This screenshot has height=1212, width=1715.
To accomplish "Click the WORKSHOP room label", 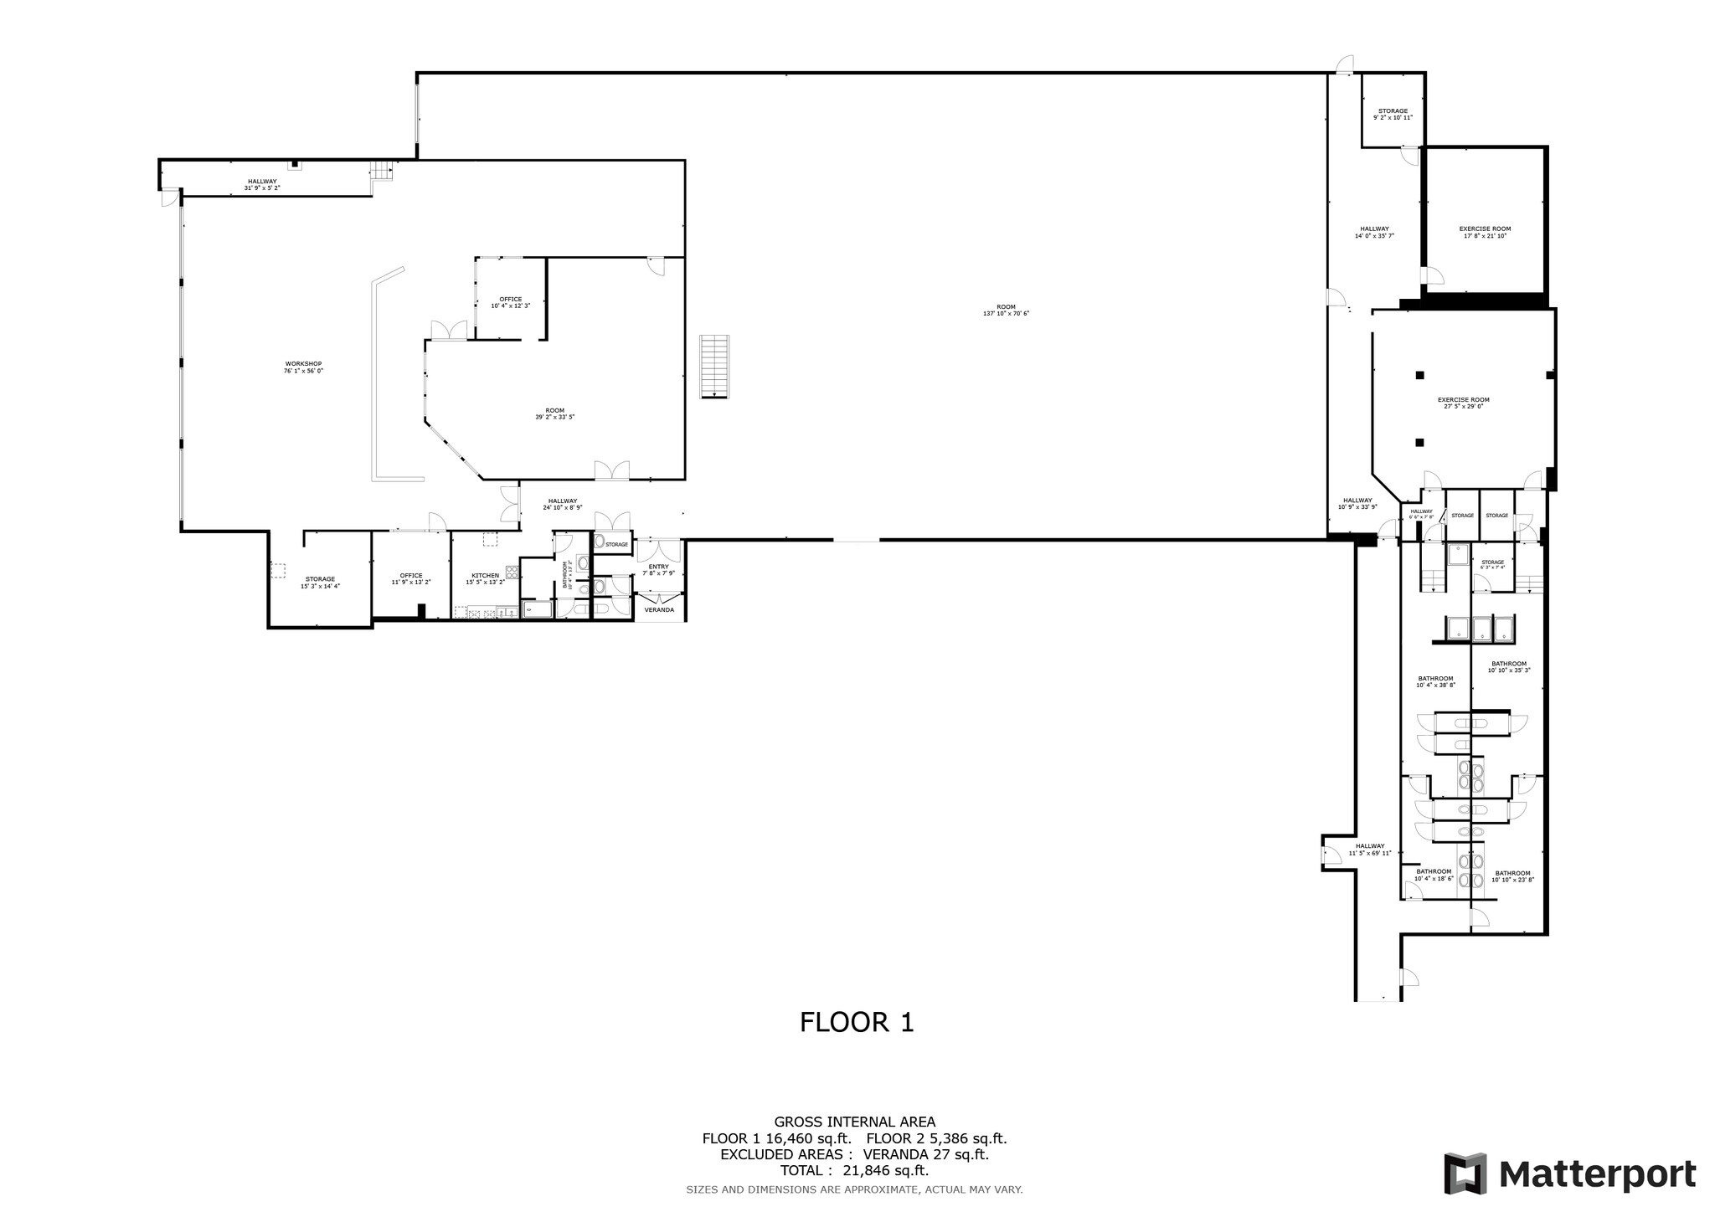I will pos(303,367).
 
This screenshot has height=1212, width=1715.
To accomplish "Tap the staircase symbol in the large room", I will pos(714,367).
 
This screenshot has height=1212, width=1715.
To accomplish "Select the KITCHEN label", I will pos(485,578).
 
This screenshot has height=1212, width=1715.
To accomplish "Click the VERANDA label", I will pos(659,610).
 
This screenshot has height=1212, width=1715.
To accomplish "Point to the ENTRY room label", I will pos(658,569).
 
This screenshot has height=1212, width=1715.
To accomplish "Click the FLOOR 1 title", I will pos(857,1022).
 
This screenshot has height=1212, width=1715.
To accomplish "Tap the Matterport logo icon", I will pos(1465,1173).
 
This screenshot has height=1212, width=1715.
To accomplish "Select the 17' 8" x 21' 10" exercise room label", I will pos(1485,232).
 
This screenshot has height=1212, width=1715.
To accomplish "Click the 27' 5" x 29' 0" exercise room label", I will pos(1463,403).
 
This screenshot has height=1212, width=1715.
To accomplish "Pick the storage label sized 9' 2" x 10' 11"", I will pos(1393,114).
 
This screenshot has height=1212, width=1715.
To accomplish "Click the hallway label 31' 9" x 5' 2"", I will pos(261,184).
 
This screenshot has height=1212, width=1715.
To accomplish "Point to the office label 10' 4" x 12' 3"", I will pos(510,302).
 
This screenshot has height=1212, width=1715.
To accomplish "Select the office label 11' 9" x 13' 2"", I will pos(410,578).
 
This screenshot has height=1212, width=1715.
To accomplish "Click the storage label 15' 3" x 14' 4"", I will pos(320,582).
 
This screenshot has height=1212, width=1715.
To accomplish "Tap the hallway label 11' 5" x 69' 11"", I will pos(1370,849).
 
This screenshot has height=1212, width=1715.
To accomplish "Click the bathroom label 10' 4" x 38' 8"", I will pos(1435,681).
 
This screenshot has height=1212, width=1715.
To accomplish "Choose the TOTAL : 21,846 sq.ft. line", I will pos(854,1171).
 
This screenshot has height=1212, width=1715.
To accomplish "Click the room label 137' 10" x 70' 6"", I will pos(1006,310).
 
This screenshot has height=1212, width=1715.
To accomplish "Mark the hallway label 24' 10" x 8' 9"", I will pos(562,504).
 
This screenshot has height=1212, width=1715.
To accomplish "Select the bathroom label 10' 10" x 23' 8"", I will pos(1512,876).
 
